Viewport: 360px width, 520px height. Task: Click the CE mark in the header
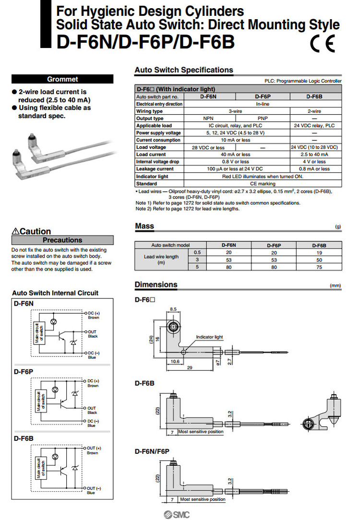323,44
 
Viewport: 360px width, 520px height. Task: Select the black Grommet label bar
62,79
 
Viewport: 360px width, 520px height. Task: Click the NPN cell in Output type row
208,118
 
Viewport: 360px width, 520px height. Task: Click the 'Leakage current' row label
155,169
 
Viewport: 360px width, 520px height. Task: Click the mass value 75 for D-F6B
319,267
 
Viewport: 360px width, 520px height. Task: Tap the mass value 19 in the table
319,252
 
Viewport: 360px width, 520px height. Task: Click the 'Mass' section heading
144,226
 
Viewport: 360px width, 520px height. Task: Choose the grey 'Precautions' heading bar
62,240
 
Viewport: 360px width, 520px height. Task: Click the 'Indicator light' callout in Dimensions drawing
209,337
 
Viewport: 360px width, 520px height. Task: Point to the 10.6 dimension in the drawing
175,361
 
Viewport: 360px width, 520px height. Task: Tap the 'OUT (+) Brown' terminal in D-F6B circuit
92,450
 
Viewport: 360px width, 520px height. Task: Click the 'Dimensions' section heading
156,284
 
